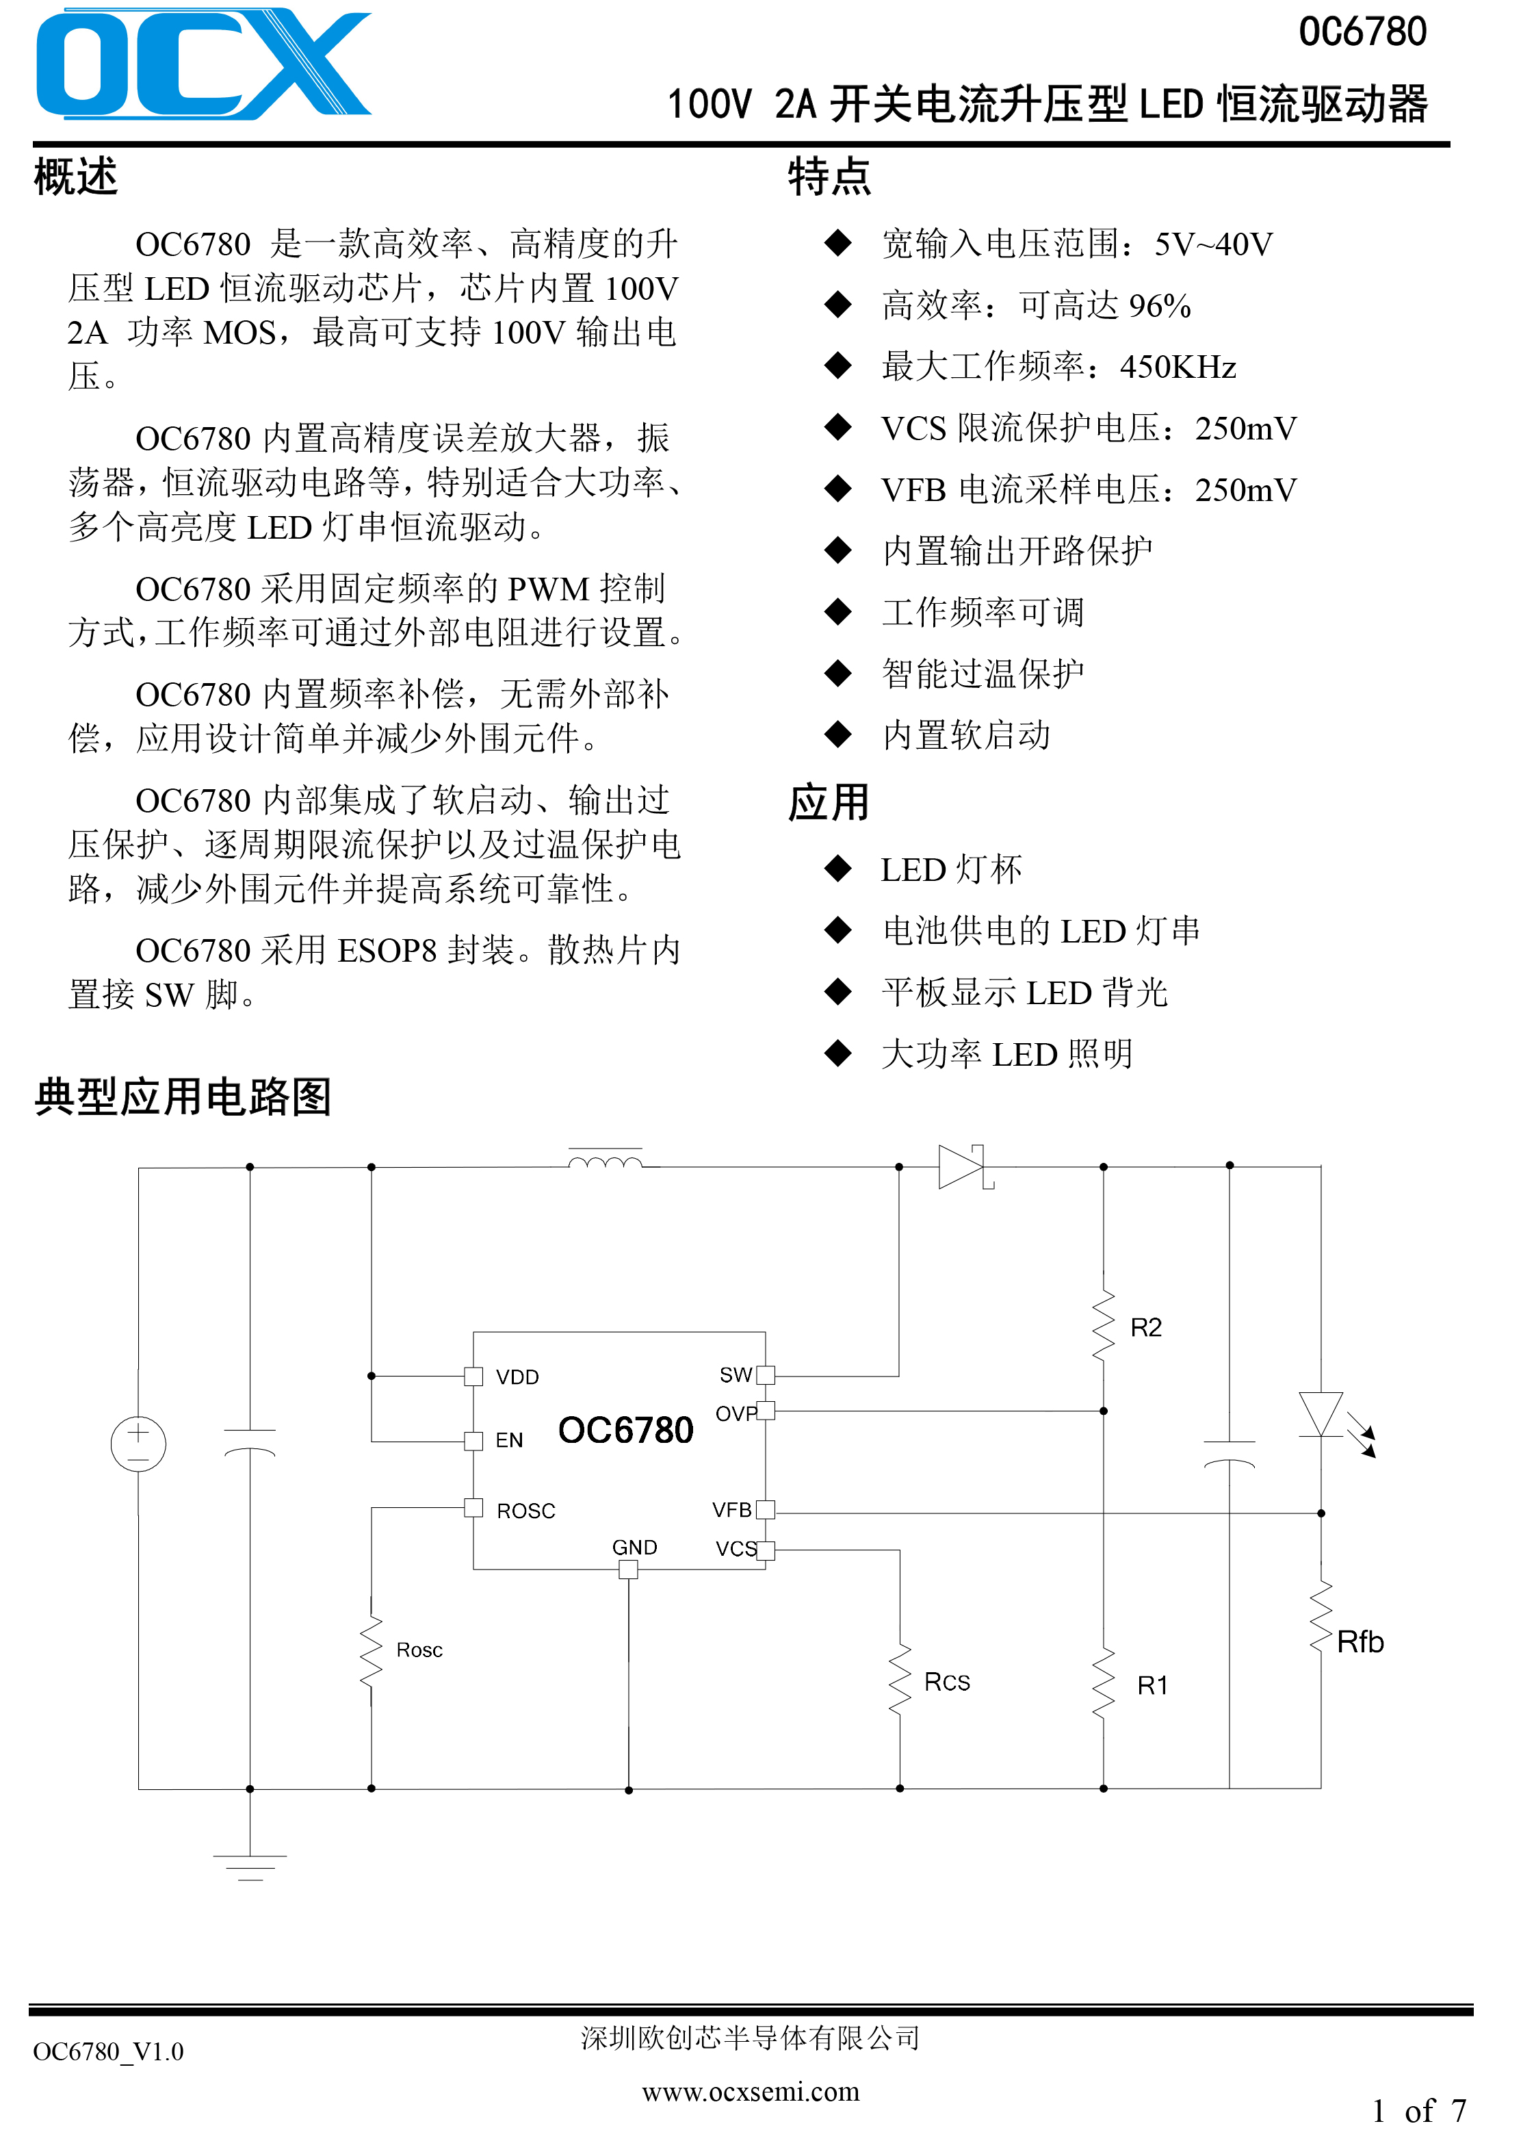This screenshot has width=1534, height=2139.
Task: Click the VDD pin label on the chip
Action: coord(518,1377)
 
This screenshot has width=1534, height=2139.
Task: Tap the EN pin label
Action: coord(509,1440)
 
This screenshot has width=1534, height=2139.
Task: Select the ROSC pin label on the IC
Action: coord(526,1511)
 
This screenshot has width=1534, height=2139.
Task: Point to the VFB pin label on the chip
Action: coord(731,1510)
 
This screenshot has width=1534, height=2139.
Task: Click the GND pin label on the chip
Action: coord(634,1548)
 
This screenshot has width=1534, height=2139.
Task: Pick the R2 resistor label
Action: coord(1145,1328)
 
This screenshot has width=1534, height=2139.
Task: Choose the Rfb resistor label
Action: coord(1360,1642)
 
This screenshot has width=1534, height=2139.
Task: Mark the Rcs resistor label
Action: coord(947,1682)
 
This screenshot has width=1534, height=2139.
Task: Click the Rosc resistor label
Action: coord(419,1650)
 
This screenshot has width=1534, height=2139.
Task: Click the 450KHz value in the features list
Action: coord(1178,367)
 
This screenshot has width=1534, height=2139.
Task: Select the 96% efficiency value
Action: coord(1160,305)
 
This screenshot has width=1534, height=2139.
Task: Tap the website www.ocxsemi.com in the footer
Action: coord(751,2092)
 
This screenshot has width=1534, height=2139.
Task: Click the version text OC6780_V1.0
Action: coord(108,2051)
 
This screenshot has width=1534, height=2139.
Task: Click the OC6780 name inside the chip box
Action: coord(625,1431)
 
